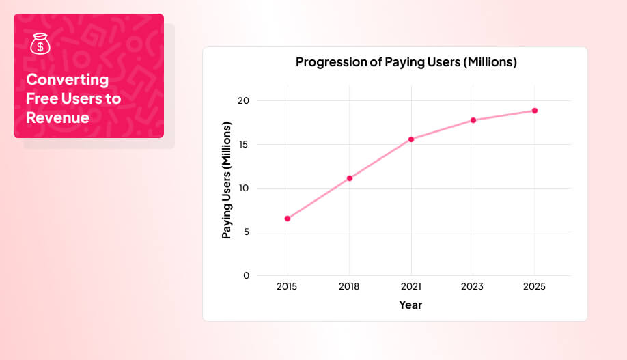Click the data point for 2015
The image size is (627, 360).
288,219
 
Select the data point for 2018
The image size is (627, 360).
349,178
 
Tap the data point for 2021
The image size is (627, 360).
411,139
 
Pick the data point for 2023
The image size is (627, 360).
473,120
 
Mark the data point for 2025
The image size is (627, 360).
535,111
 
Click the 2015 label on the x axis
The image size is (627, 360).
288,287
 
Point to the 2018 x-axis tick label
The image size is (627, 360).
349,287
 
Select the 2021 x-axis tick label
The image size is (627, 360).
411,287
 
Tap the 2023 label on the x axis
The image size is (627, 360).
473,287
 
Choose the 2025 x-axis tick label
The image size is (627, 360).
535,287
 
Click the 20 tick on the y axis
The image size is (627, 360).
243,101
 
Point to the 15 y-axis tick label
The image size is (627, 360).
244,145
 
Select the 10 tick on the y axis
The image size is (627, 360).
244,189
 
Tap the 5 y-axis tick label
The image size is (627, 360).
247,232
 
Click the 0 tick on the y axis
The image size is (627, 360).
247,276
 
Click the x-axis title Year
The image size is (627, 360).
410,305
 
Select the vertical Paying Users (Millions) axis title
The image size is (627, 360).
227,180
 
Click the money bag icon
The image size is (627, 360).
40,45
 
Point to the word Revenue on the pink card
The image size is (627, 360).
57,117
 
